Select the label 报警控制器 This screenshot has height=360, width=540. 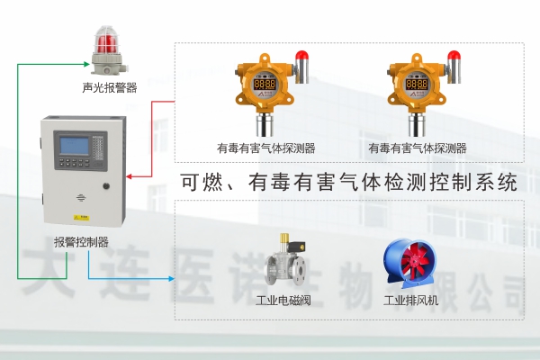click(81, 241)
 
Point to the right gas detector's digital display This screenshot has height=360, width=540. click(416, 84)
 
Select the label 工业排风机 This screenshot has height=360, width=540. click(410, 300)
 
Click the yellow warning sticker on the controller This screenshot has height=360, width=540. click(80, 216)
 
